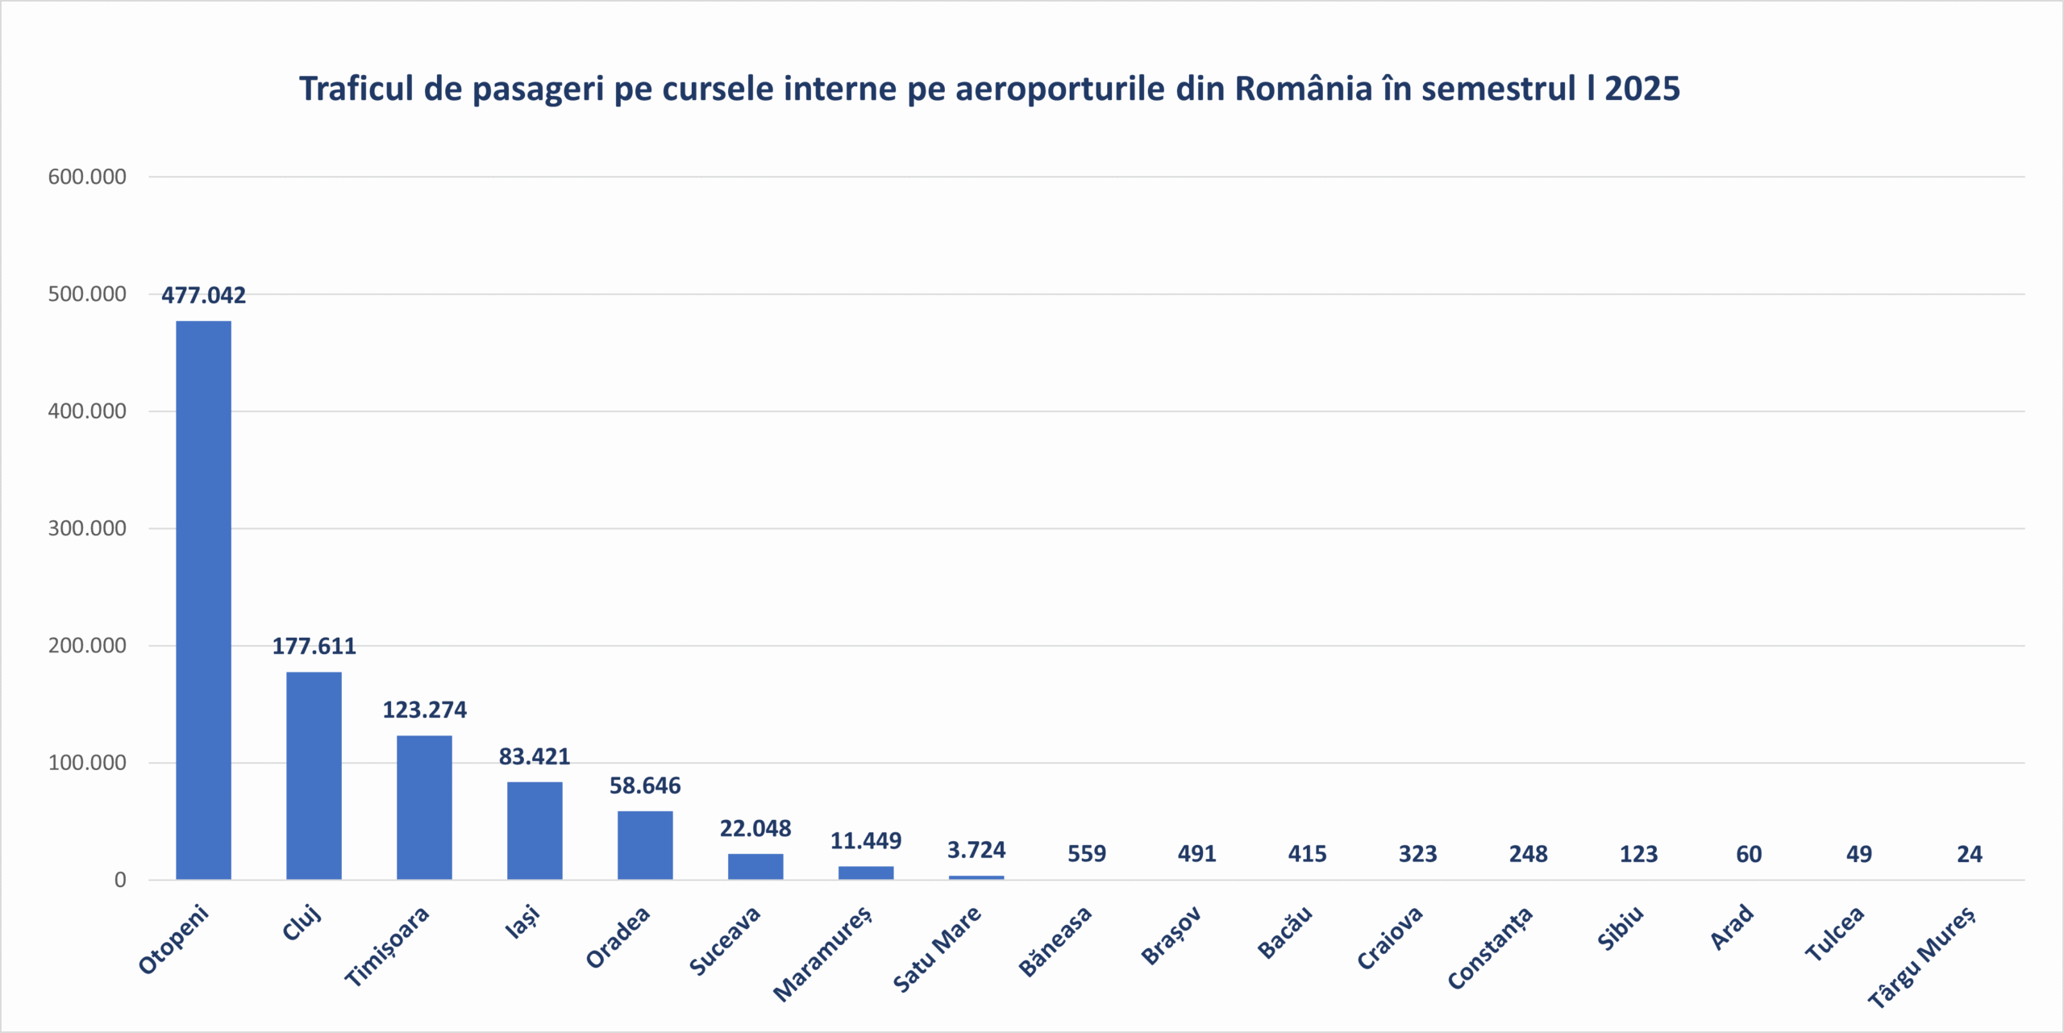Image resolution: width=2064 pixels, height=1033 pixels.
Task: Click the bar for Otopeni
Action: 203,600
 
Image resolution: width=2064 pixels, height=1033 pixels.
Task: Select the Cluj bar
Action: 314,775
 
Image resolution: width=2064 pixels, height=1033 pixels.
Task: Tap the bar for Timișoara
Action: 424,807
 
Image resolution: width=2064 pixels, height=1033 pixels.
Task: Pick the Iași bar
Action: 535,831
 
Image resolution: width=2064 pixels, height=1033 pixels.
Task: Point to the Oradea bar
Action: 645,845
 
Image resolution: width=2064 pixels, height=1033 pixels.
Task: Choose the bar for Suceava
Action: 755,866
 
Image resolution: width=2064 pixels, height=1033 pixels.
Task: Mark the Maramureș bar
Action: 866,873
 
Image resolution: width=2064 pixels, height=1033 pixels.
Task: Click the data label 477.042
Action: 203,295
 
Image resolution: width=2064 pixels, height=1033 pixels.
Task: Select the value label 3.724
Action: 976,850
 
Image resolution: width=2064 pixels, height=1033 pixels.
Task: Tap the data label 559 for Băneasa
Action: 1087,854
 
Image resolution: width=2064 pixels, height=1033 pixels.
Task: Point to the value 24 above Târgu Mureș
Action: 1969,854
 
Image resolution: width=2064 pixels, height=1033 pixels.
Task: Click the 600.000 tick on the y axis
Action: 87,177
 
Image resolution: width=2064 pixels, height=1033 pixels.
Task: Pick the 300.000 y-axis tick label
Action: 87,528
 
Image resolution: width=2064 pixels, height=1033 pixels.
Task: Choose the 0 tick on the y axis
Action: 120,880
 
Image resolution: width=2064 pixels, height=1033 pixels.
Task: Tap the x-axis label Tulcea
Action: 1835,933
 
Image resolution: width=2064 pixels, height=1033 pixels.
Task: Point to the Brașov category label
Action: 1171,935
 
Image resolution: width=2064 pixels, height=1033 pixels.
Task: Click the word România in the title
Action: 1303,89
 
